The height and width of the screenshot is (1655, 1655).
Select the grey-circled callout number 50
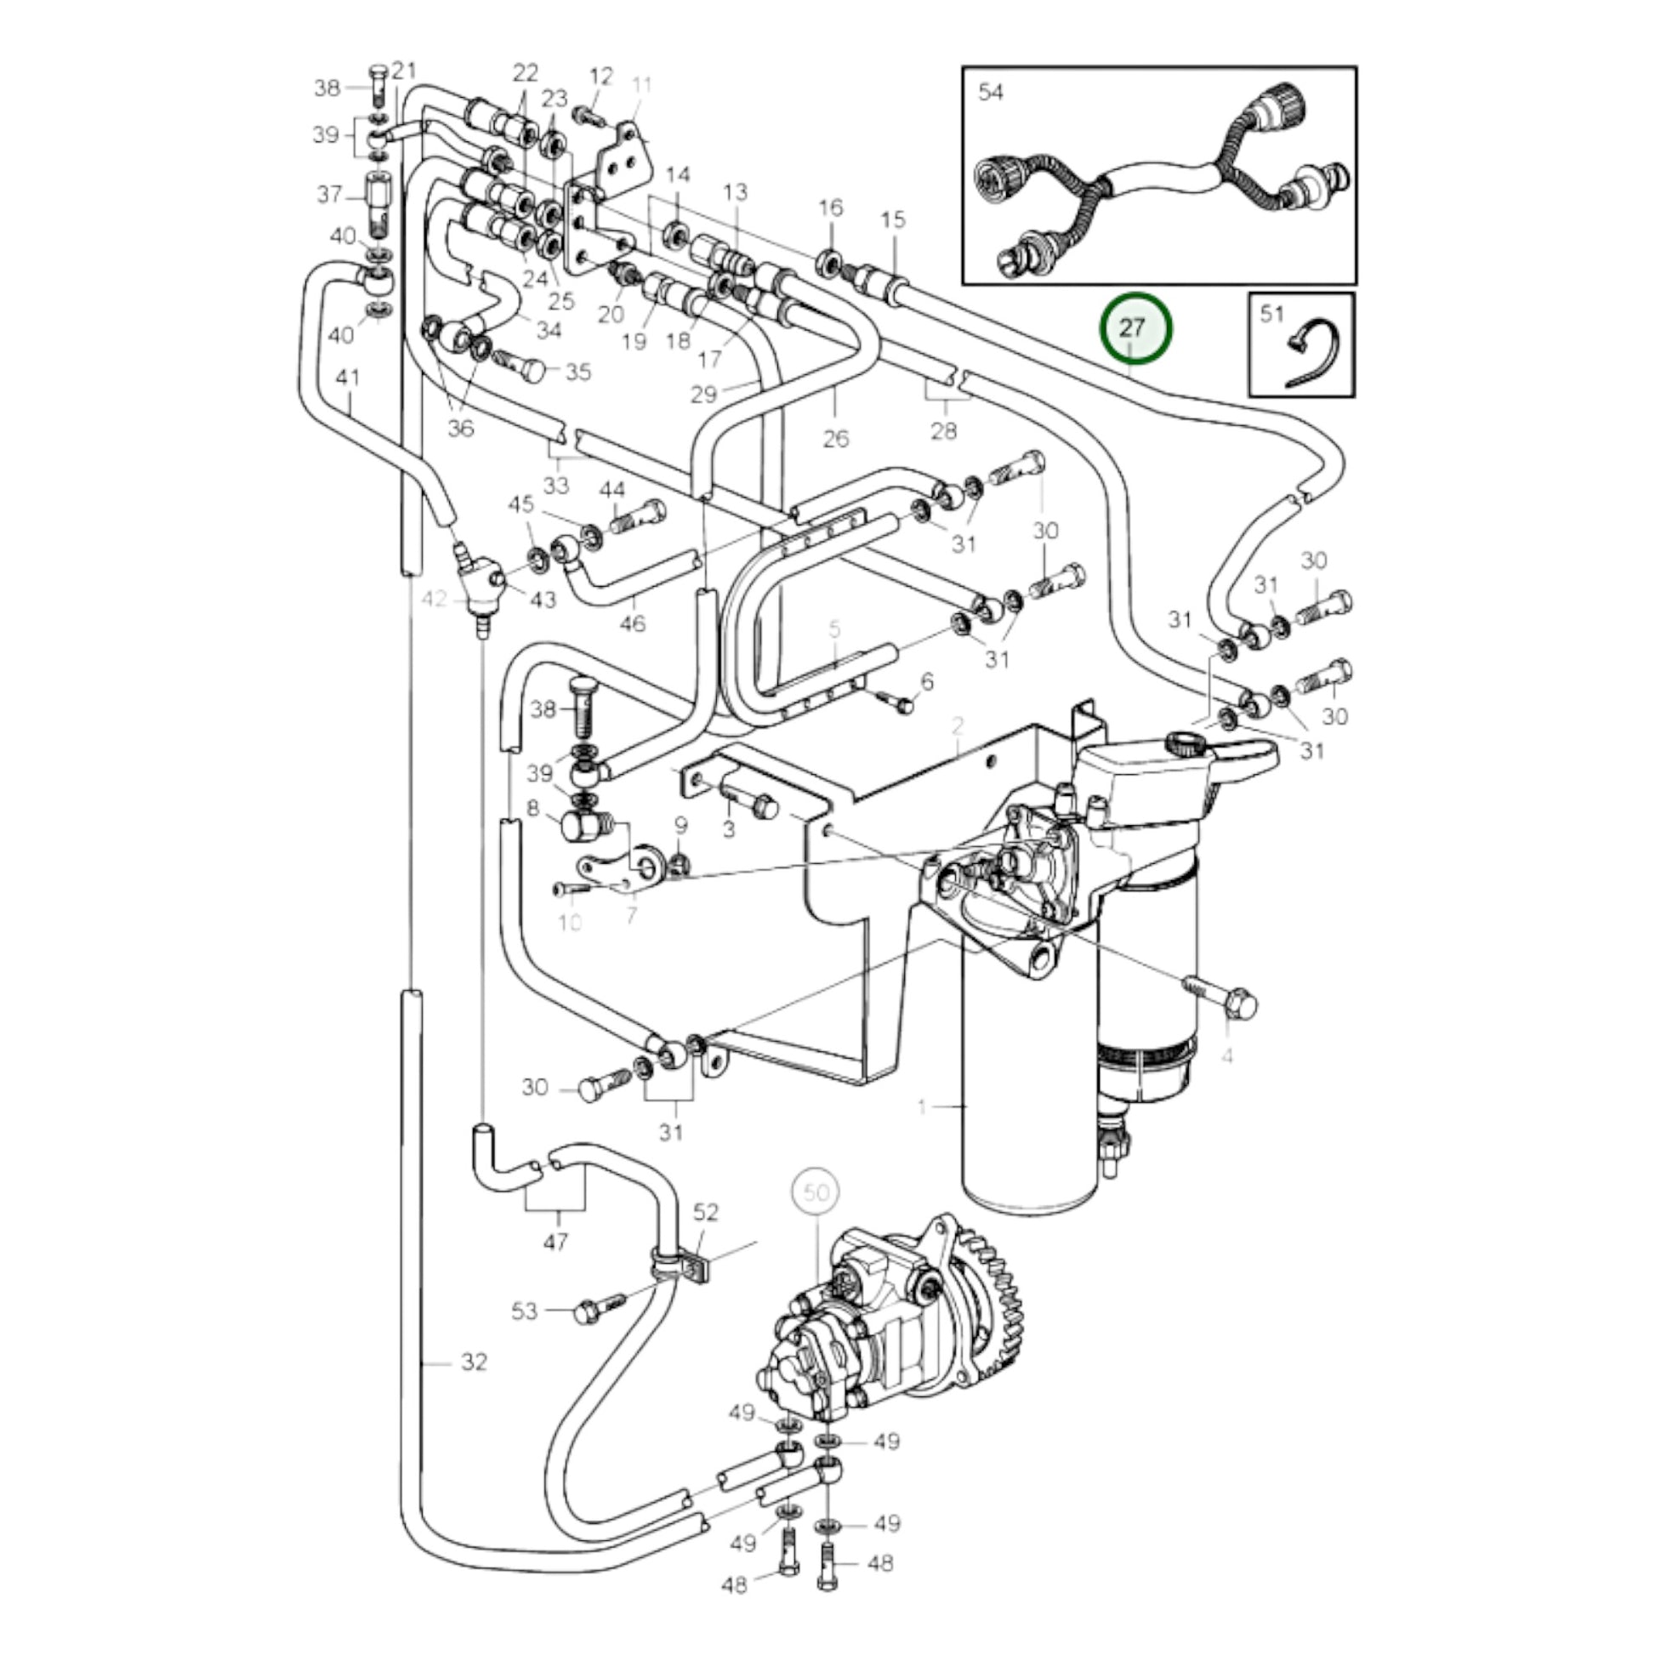[x=816, y=1192]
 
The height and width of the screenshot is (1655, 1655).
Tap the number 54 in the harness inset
[x=990, y=92]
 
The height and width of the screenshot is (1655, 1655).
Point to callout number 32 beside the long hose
[x=474, y=1385]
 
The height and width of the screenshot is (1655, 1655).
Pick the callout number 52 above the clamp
[x=706, y=1212]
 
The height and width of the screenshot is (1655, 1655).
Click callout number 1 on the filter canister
[x=922, y=1106]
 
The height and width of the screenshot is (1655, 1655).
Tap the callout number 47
[x=555, y=1240]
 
